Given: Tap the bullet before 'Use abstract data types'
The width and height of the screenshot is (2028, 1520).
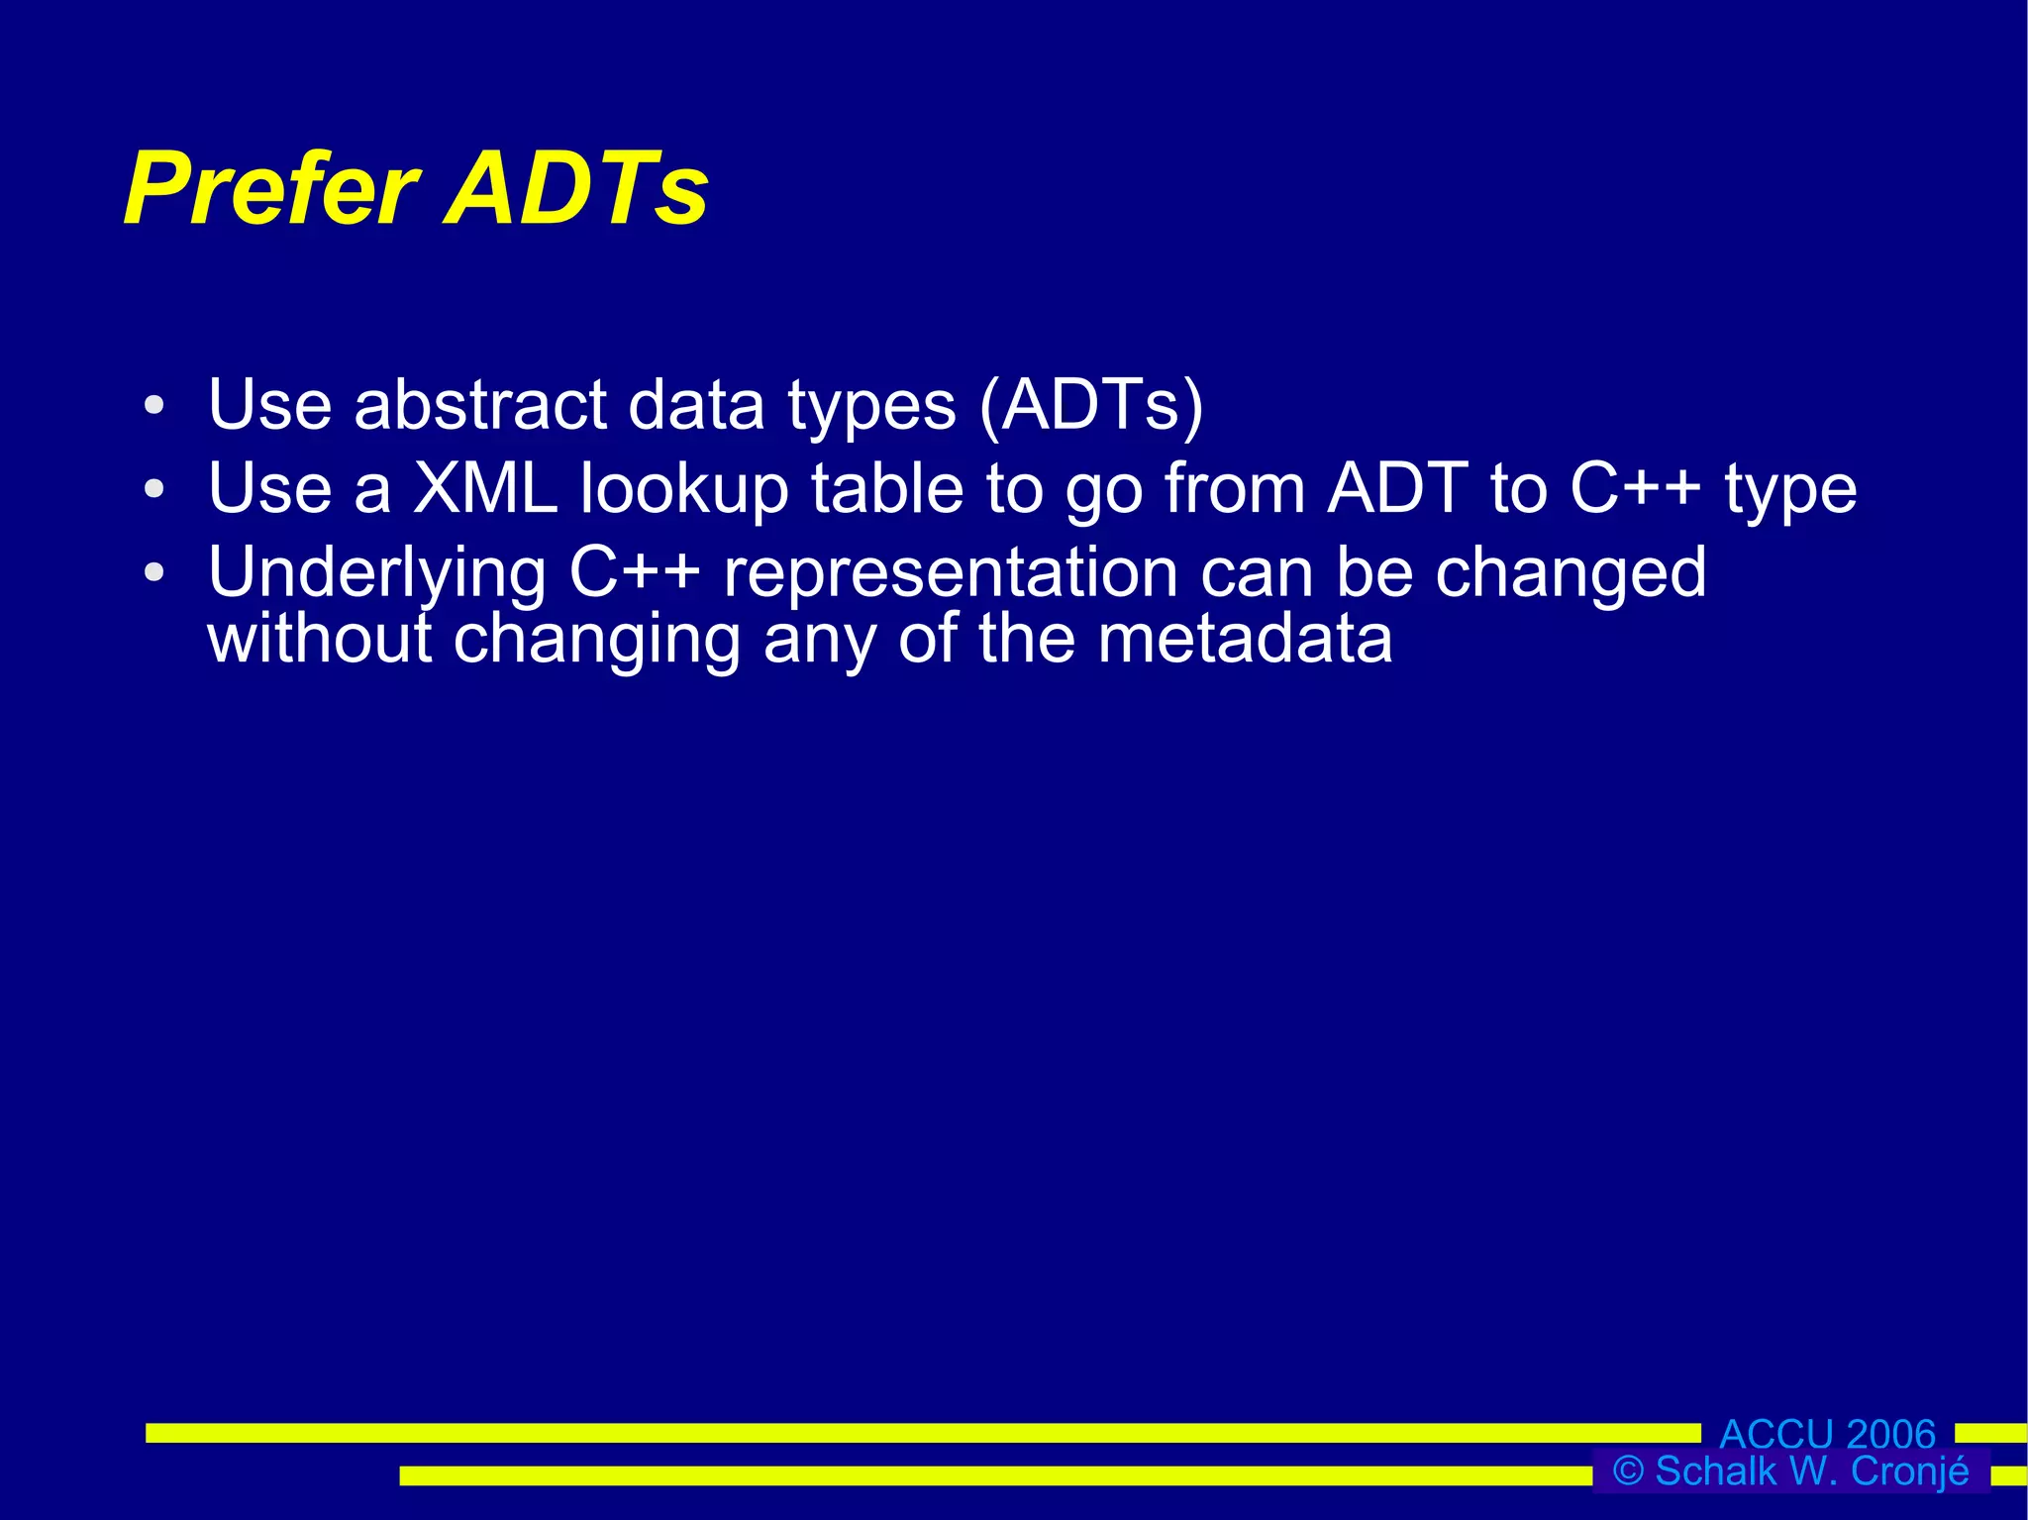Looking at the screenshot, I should pos(152,406).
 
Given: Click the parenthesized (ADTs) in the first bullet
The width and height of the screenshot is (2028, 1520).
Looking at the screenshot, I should pos(1090,406).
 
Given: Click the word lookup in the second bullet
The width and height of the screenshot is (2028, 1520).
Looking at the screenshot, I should pos(683,491).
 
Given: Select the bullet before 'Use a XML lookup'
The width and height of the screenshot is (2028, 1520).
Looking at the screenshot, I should pos(152,489).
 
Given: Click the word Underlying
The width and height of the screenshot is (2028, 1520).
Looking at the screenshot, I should pos(376,574).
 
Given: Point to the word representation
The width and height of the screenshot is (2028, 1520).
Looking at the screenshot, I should pos(951,574).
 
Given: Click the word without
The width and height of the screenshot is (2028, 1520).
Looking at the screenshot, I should pos(319,639).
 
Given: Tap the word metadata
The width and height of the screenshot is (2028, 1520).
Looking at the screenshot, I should pos(1245,639).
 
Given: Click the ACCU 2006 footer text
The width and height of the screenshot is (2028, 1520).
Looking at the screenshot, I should pos(1827,1434).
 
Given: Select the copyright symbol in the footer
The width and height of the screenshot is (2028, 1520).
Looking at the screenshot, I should pos(1628,1471).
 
